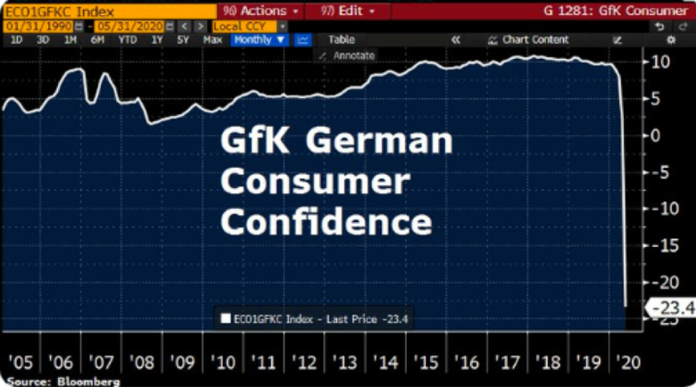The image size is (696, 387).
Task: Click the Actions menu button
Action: point(258,11)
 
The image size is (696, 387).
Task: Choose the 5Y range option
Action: point(184,40)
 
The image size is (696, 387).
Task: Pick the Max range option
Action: point(212,40)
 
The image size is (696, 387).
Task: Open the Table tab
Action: point(341,40)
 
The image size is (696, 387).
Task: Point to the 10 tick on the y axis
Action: point(660,62)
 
